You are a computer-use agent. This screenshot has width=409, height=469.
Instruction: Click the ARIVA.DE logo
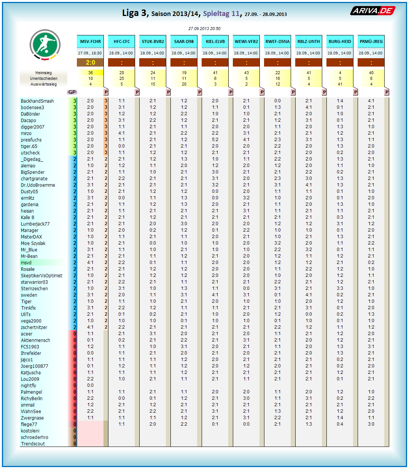[x=372, y=11]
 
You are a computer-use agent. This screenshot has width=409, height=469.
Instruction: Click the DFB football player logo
[x=45, y=45]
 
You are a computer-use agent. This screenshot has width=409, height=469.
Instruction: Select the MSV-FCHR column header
[x=91, y=41]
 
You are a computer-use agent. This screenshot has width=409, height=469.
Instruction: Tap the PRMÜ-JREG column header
[x=371, y=41]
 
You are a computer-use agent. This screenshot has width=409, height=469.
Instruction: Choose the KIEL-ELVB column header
[x=215, y=41]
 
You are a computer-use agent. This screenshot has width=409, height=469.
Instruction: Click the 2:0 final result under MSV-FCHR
[x=91, y=62]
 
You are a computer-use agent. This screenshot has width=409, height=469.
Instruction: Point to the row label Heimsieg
[x=43, y=73]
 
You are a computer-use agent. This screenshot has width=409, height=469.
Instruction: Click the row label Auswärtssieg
[x=43, y=84]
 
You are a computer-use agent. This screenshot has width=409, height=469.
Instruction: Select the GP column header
[x=72, y=92]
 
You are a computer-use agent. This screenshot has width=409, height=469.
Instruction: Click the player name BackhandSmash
[x=37, y=101]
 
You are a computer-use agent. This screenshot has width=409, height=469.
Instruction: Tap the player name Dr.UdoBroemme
[x=38, y=185]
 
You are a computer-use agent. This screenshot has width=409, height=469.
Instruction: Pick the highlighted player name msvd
[x=26, y=263]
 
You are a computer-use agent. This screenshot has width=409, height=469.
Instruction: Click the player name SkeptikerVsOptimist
[x=41, y=276]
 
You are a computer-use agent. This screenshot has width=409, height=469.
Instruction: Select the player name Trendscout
[x=33, y=444]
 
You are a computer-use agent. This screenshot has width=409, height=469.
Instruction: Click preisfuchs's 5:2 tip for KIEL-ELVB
[x=215, y=140]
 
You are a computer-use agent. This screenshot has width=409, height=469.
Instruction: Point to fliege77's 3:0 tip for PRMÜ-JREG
[x=371, y=424]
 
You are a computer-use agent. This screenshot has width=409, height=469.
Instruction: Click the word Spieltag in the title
[x=216, y=14]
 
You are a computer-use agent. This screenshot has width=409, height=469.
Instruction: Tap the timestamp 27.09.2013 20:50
[x=204, y=29]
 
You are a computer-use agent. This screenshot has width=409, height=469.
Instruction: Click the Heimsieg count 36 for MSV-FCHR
[x=91, y=73]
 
